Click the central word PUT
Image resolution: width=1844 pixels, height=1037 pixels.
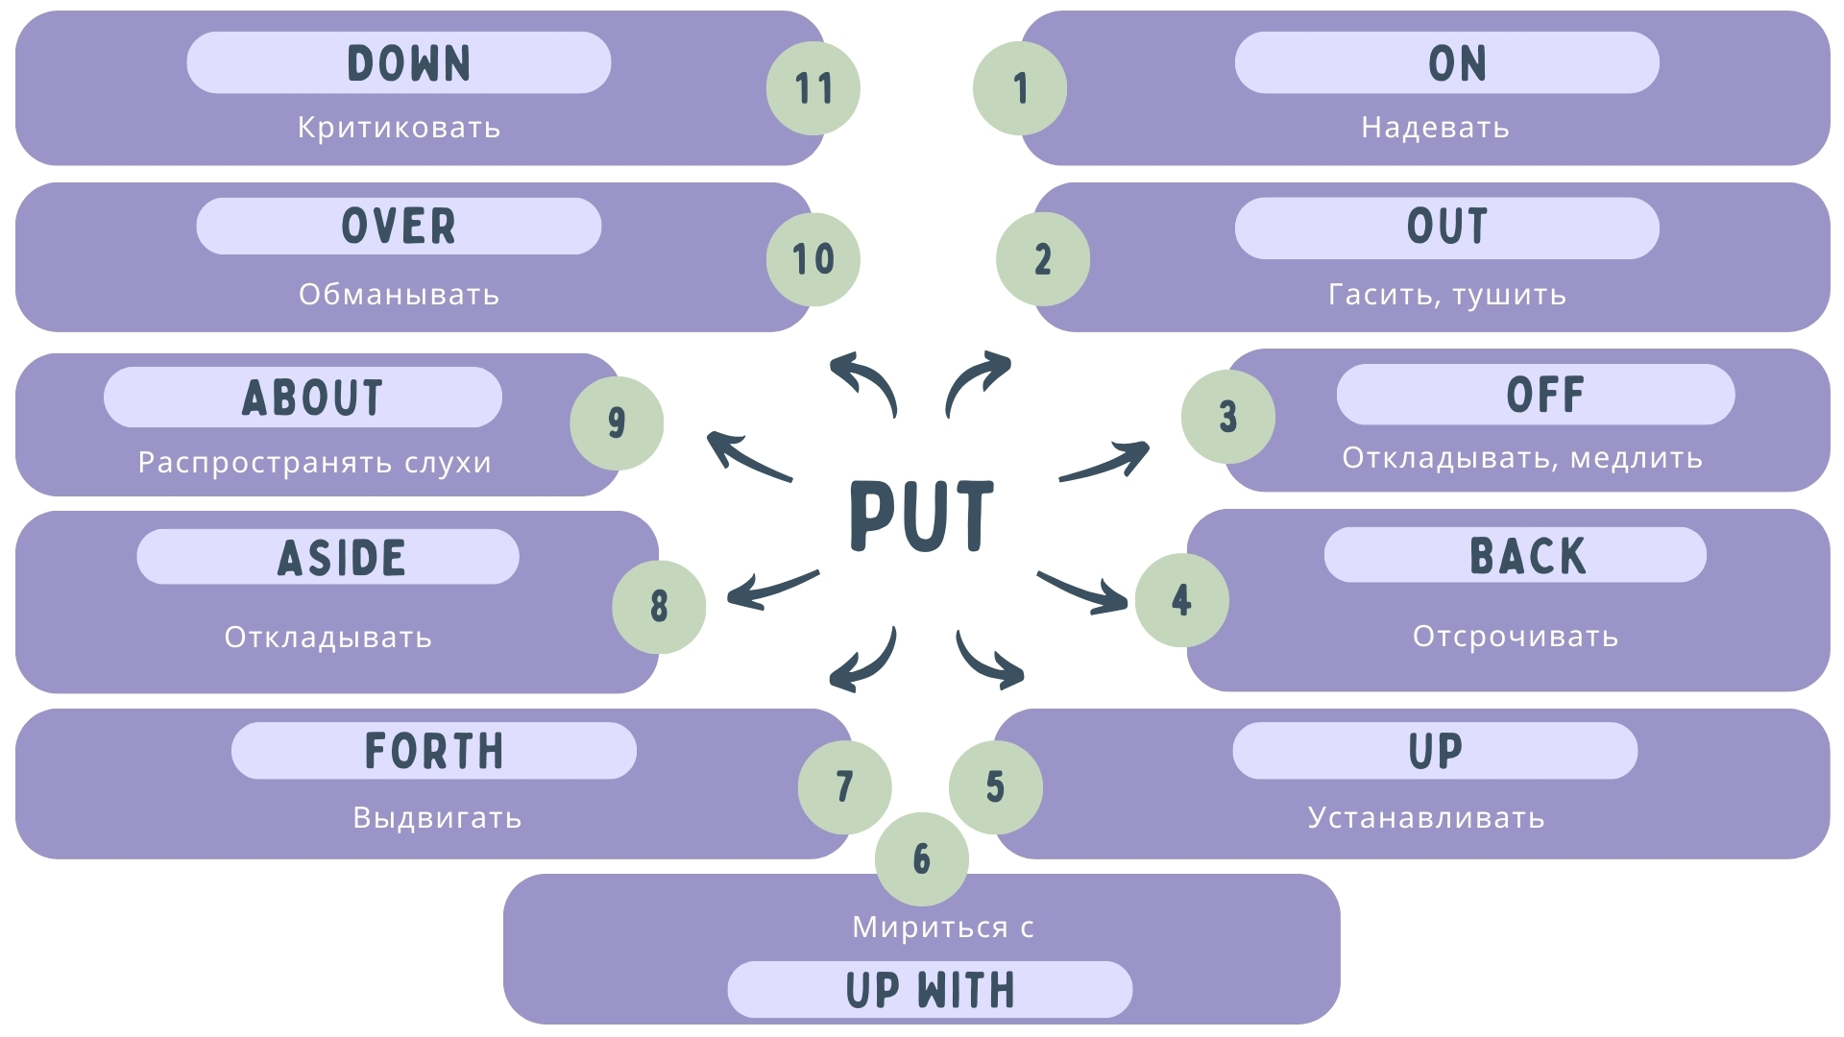[921, 516]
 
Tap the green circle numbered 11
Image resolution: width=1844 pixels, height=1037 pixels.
[813, 88]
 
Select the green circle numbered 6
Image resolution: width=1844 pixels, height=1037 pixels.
[921, 858]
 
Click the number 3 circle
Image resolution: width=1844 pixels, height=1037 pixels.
[1227, 417]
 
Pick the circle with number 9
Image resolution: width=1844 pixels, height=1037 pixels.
[617, 422]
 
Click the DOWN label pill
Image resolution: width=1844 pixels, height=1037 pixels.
[399, 63]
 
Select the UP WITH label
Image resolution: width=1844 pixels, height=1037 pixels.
[930, 989]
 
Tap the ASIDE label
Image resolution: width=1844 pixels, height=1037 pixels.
[328, 557]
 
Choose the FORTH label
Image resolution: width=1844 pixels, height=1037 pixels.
[433, 751]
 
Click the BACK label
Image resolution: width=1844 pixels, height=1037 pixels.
[1515, 555]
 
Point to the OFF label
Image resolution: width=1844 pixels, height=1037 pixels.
[1535, 395]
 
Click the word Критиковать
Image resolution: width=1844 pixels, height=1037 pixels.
[399, 128]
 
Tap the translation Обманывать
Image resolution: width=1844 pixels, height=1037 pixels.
[399, 294]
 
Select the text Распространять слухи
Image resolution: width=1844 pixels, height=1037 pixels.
[314, 462]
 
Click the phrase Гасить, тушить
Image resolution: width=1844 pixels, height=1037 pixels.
[1446, 294]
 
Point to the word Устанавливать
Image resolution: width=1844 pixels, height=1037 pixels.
[1425, 817]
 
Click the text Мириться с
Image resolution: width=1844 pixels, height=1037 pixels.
[942, 927]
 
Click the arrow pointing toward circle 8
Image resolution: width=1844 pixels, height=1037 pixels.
[771, 590]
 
